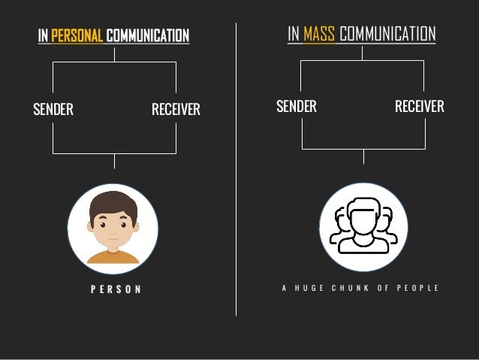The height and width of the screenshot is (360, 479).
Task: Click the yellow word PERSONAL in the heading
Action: [x=77, y=35]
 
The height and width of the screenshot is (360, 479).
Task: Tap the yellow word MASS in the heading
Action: [x=319, y=34]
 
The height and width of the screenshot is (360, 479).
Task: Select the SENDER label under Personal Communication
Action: [x=53, y=110]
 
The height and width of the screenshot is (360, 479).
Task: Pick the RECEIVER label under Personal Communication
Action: [x=176, y=110]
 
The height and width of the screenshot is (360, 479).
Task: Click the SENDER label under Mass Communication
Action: [x=297, y=106]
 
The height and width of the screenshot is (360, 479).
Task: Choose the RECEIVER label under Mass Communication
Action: [x=419, y=106]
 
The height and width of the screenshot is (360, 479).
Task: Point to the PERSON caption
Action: [x=113, y=289]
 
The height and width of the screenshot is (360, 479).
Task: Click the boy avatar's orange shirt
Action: [x=113, y=257]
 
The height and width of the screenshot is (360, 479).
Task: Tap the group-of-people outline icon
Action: [x=363, y=226]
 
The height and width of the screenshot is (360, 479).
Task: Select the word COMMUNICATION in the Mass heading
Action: [x=387, y=34]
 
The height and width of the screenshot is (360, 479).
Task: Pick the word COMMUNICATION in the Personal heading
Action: [x=148, y=35]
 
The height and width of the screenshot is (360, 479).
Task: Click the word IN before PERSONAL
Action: [x=44, y=35]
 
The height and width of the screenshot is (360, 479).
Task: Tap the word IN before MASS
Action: [x=294, y=34]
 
